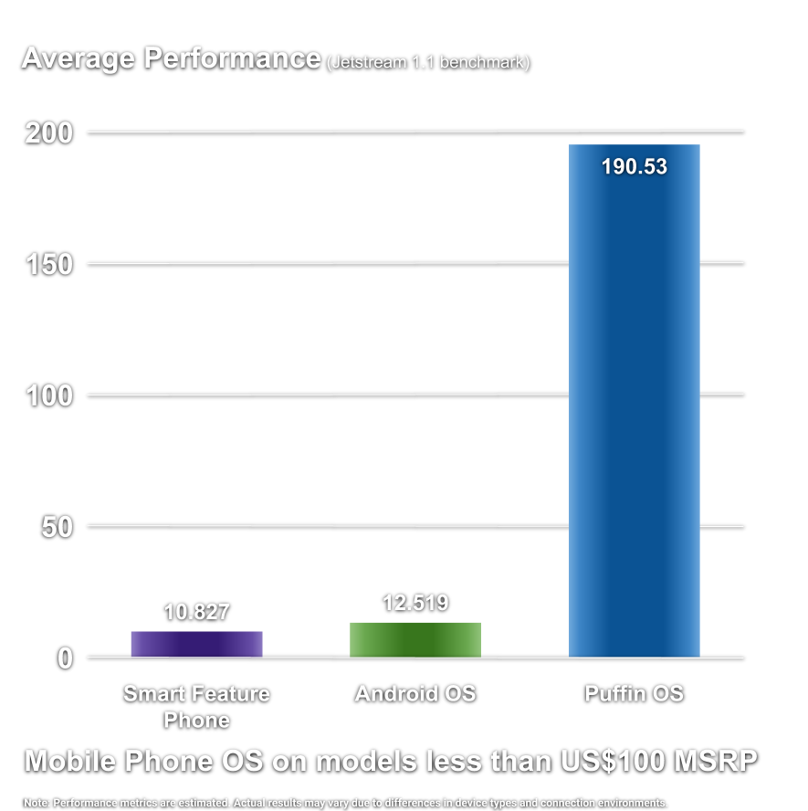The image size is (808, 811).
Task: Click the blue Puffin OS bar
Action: click(634, 402)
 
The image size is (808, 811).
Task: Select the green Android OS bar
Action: click(415, 639)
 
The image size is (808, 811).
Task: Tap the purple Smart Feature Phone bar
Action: click(196, 644)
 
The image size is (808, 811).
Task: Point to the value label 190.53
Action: click(634, 167)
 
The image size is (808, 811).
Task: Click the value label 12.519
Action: click(415, 603)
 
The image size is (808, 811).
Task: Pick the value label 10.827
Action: click(196, 612)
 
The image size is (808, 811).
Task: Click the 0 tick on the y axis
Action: click(66, 658)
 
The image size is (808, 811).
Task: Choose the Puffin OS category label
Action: click(634, 694)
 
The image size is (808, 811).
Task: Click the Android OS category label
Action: click(415, 694)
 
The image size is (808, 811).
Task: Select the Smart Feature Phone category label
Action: click(196, 707)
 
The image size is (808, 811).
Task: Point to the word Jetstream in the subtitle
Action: click(363, 62)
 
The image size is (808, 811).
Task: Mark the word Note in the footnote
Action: click(37, 802)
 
